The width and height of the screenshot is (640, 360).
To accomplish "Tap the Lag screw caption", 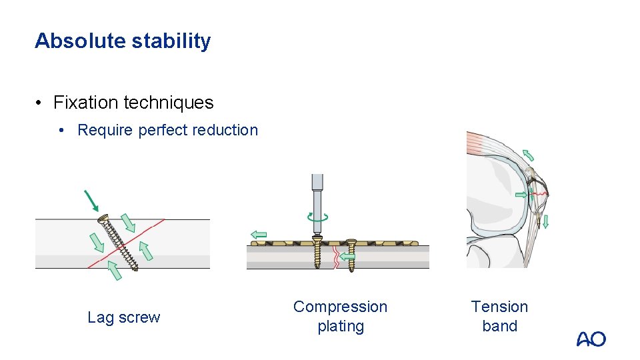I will [x=123, y=317].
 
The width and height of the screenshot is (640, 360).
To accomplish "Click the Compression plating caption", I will [x=340, y=316].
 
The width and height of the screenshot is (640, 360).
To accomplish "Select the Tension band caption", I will [x=499, y=316].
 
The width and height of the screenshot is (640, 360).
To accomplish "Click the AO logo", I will [x=591, y=339].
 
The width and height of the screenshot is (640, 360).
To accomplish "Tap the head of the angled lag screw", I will [x=103, y=217].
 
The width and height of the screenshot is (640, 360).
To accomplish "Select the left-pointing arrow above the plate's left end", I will [x=258, y=234].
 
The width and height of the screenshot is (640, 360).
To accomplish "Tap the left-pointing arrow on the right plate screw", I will [x=346, y=255].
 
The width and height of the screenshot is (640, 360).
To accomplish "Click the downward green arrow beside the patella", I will [x=545, y=221].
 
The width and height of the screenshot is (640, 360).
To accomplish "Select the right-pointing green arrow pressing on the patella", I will [x=521, y=195].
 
